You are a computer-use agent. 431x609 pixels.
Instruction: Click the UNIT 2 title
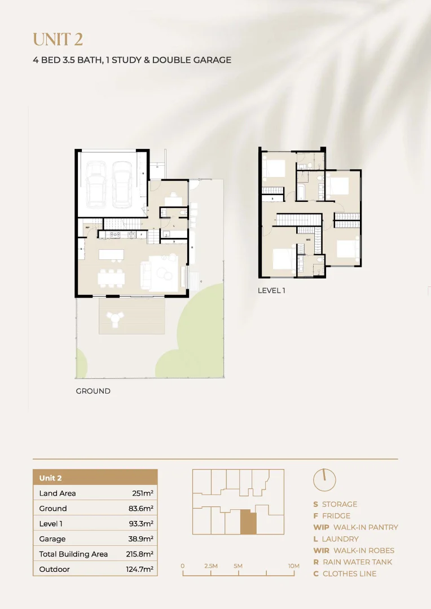[x=58, y=39]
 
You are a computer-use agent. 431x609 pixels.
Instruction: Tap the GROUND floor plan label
[x=93, y=391]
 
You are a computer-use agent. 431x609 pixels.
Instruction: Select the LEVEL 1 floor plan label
[x=272, y=290]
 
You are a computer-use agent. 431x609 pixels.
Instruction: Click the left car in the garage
[x=96, y=183]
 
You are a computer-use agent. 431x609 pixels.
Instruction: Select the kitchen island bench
[x=111, y=254]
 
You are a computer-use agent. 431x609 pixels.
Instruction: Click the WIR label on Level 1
[x=308, y=240]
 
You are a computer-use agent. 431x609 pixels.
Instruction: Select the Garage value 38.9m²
[x=141, y=539]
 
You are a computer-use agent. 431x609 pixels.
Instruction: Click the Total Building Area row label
[x=73, y=554]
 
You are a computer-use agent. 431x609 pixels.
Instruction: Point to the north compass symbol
[x=324, y=479]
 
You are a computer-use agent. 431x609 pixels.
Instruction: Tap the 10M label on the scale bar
[x=293, y=566]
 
